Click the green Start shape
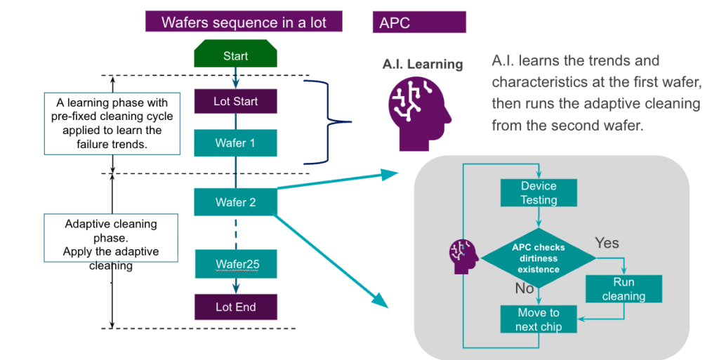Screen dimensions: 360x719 tap(235, 55)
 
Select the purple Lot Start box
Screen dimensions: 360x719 tap(235, 101)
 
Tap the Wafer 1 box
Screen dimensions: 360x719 tap(235, 143)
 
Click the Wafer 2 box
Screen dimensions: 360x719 tap(235, 202)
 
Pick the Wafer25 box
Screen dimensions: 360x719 tap(235, 265)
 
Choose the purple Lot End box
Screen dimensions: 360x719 tap(235, 307)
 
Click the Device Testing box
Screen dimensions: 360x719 tap(539, 193)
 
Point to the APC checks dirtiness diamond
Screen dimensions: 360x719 tap(539, 258)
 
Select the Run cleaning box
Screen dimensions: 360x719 tap(624, 288)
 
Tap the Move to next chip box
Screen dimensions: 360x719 tap(539, 319)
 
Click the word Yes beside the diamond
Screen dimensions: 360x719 tap(607, 243)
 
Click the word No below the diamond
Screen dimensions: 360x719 tap(524, 288)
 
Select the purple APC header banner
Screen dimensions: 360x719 tap(419, 22)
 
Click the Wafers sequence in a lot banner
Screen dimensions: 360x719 tap(244, 22)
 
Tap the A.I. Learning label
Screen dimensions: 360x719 tap(423, 65)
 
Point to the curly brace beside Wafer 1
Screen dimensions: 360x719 tap(329, 121)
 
